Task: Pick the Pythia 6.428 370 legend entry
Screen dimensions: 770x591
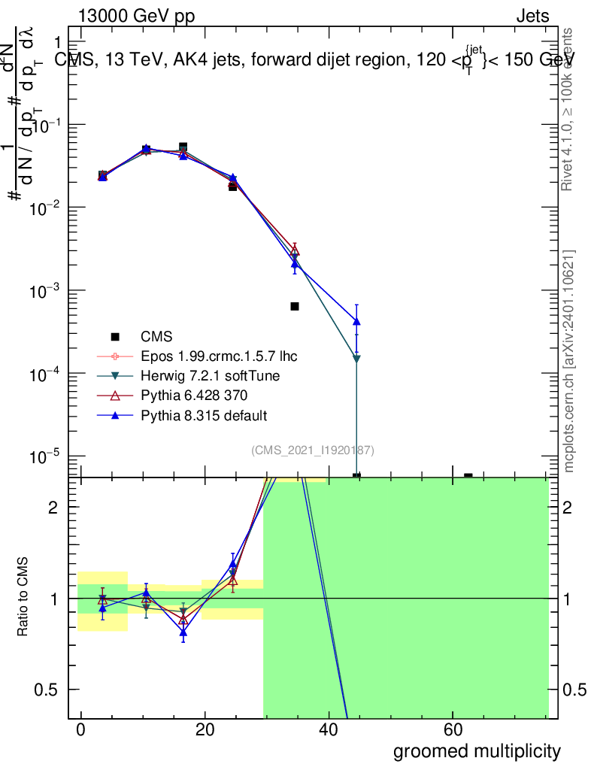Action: coord(193,395)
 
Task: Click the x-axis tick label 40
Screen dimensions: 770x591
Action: coord(329,731)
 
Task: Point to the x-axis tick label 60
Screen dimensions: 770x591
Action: coord(453,731)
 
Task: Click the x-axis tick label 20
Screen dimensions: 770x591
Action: coord(205,731)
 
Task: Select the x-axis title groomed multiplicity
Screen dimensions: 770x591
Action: coord(477,750)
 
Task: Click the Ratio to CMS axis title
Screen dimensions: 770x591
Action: coord(23,599)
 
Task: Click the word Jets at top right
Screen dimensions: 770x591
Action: coord(532,17)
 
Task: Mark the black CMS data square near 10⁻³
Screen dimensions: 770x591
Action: coord(295,306)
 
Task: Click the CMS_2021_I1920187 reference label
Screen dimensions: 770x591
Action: coord(313,450)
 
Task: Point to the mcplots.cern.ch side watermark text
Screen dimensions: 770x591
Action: coord(569,361)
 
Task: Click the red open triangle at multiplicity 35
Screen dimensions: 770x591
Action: coord(295,250)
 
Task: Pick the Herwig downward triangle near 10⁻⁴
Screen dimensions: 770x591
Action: coord(356,359)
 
